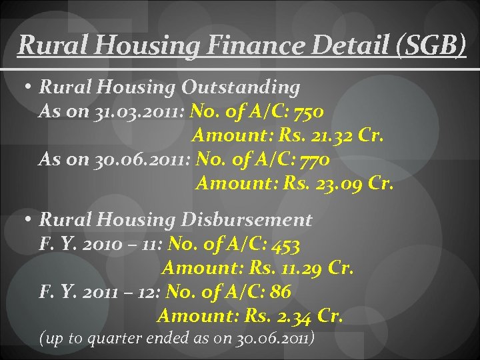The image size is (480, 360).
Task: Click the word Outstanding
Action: click(241, 87)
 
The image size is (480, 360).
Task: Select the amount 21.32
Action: click(332, 136)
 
